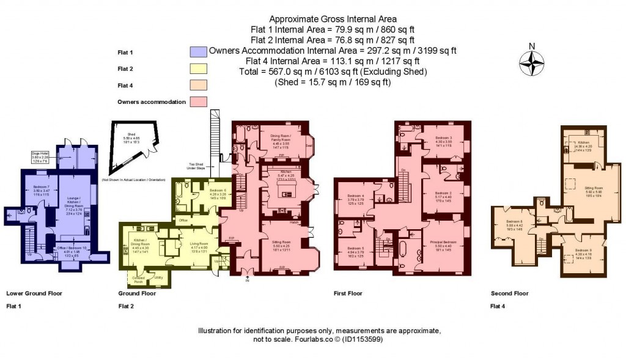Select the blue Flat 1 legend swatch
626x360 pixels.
199,51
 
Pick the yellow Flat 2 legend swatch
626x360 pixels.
199,68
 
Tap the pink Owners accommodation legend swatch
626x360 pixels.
199,101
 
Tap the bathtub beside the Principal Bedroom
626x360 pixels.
403,252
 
